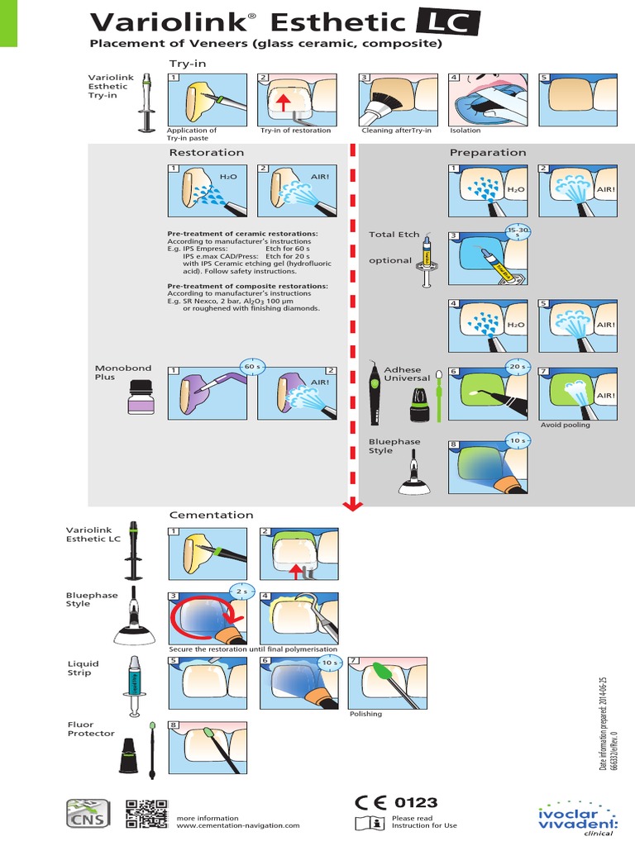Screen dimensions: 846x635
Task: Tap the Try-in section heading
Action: pyautogui.click(x=188, y=63)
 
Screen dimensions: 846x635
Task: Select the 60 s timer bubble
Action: pyautogui.click(x=251, y=366)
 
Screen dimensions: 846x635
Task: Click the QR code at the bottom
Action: pyautogui.click(x=143, y=813)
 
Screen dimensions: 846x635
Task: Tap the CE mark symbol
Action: pyautogui.click(x=372, y=802)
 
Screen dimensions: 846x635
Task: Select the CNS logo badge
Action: pyautogui.click(x=88, y=813)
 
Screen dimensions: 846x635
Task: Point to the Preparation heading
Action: pyautogui.click(x=488, y=152)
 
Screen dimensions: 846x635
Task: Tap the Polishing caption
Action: pyautogui.click(x=365, y=714)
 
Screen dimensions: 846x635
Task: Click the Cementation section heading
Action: pyautogui.click(x=212, y=515)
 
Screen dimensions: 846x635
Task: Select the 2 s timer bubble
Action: pyautogui.click(x=241, y=592)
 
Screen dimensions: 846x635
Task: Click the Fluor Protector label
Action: pyautogui.click(x=91, y=729)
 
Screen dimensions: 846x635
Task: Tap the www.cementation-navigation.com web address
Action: pyautogui.click(x=238, y=825)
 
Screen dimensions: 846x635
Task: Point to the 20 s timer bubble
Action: pyautogui.click(x=518, y=366)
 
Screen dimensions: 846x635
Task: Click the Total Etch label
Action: pyautogui.click(x=394, y=235)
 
